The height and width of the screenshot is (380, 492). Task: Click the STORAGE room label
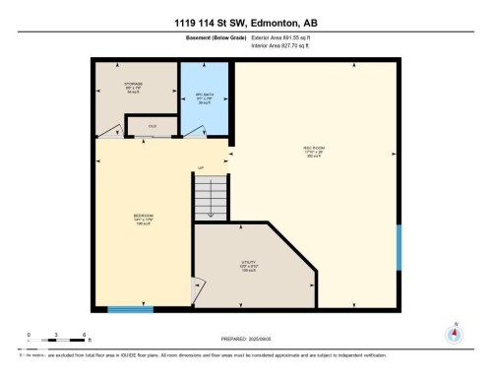135,87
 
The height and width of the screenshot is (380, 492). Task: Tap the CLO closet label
153,126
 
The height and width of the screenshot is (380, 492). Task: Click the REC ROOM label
314,151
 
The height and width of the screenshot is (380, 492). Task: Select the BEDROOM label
144,218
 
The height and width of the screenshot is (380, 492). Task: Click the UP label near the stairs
201,167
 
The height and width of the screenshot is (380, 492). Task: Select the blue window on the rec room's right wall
399,246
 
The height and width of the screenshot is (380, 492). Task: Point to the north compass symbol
454,333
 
